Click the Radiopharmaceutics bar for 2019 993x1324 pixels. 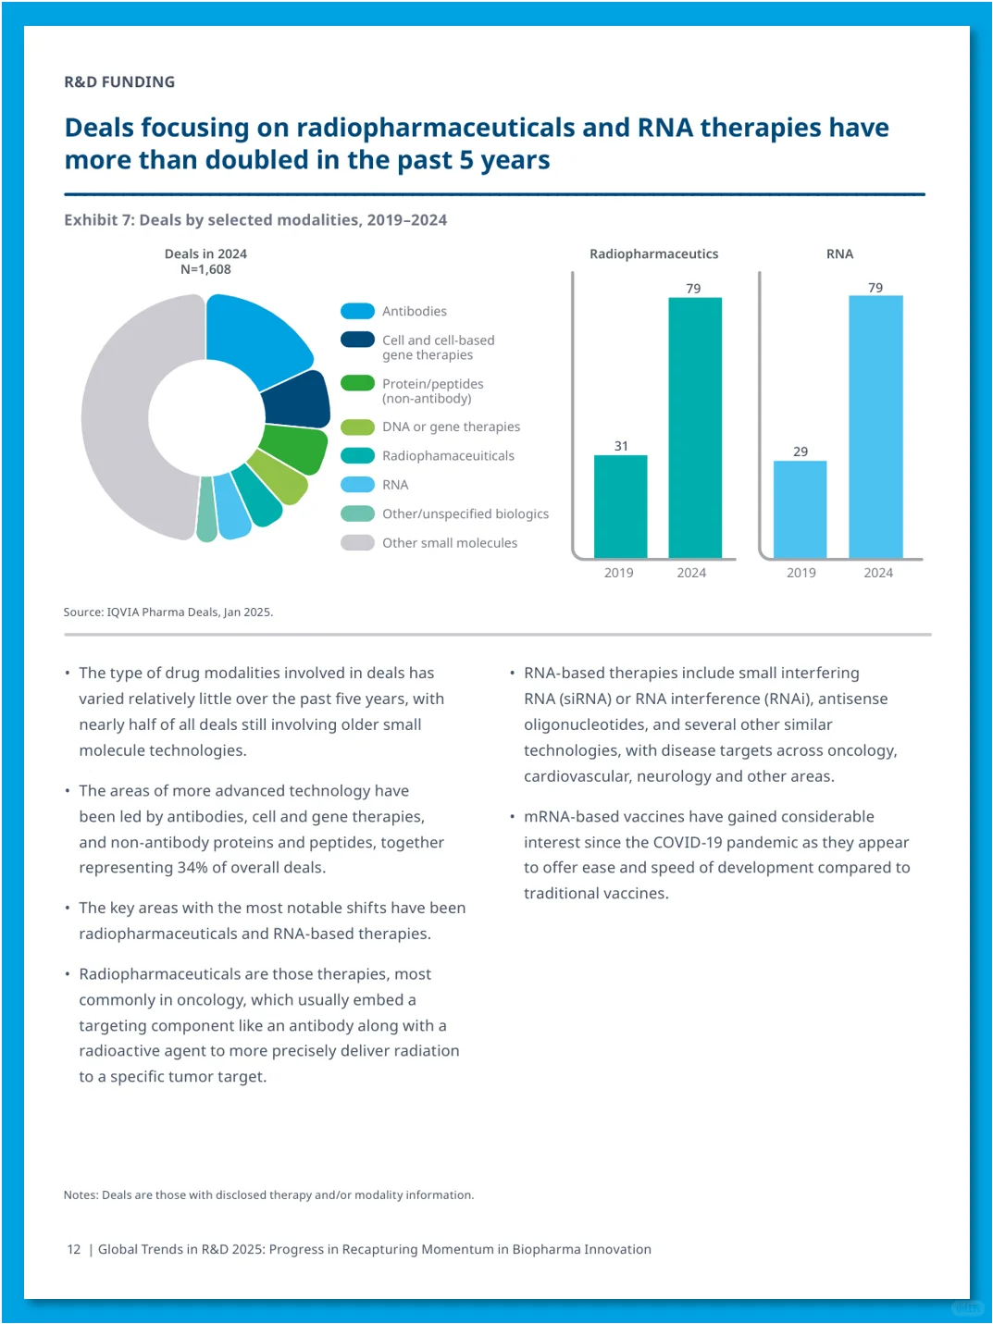coord(620,506)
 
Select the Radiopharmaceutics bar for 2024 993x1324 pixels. coord(695,427)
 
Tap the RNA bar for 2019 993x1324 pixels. coord(800,509)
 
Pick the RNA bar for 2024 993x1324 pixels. coord(876,427)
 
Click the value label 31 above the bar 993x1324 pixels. coord(621,446)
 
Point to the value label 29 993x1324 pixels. coord(801,452)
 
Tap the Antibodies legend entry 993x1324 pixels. coord(393,311)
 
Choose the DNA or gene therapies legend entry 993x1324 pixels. coord(430,427)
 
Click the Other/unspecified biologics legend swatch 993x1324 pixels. coord(358,514)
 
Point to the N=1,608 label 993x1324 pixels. coord(205,269)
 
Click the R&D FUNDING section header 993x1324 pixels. coord(119,82)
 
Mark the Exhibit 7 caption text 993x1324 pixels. coord(255,219)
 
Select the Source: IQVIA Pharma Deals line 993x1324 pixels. coord(168,612)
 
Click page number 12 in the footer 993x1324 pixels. coord(74,1249)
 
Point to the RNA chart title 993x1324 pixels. coord(839,254)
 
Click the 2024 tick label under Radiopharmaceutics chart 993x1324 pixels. coord(691,573)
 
